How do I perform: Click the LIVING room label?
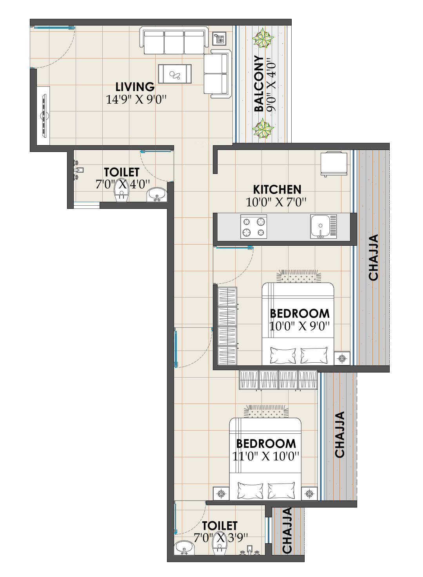pyautogui.click(x=135, y=87)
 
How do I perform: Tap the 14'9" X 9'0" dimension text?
pyautogui.click(x=136, y=99)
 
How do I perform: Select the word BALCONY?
pyautogui.click(x=259, y=84)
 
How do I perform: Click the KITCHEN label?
pyautogui.click(x=277, y=190)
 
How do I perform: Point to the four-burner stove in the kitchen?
pyautogui.click(x=254, y=226)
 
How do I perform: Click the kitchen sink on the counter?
pyautogui.click(x=323, y=226)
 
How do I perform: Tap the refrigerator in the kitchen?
pyautogui.click(x=334, y=164)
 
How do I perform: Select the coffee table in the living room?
pyautogui.click(x=175, y=74)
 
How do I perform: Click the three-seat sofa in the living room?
pyautogui.click(x=174, y=40)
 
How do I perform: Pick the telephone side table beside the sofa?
pyautogui.click(x=219, y=39)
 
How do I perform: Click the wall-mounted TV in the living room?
pyautogui.click(x=45, y=115)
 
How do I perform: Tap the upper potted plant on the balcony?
pyautogui.click(x=263, y=38)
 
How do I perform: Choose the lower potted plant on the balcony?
pyautogui.click(x=263, y=128)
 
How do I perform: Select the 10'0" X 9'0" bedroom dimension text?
pyautogui.click(x=299, y=326)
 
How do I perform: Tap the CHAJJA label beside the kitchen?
pyautogui.click(x=373, y=257)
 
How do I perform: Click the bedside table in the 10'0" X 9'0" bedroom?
pyautogui.click(x=342, y=358)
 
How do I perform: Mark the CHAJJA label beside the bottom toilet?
pyautogui.click(x=287, y=531)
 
